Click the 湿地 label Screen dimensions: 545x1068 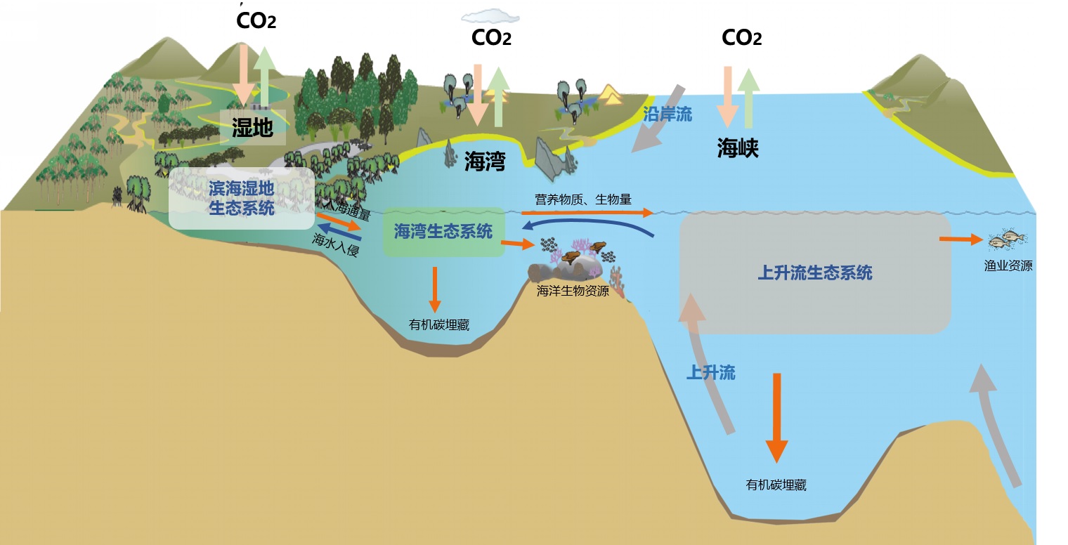click(x=252, y=127)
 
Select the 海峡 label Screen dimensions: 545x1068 click(x=738, y=147)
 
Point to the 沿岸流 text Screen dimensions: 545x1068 click(x=667, y=114)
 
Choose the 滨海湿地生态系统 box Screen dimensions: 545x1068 click(x=241, y=198)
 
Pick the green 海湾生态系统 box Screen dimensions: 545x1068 click(x=443, y=231)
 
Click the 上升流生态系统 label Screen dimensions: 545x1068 click(x=815, y=272)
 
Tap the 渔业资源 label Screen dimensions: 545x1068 click(x=1008, y=266)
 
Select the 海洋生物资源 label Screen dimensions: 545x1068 click(x=573, y=291)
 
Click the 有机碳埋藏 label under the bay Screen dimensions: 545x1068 click(x=438, y=325)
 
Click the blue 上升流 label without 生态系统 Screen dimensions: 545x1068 click(x=710, y=373)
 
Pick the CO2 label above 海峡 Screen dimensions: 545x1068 click(x=741, y=37)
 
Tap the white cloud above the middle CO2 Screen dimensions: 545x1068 click(x=490, y=15)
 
